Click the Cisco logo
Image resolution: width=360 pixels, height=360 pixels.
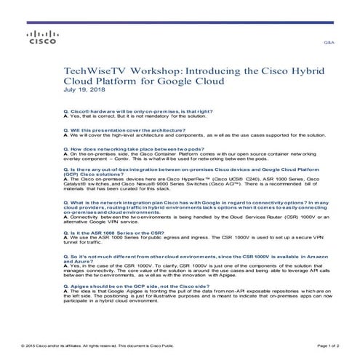point(37,38)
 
